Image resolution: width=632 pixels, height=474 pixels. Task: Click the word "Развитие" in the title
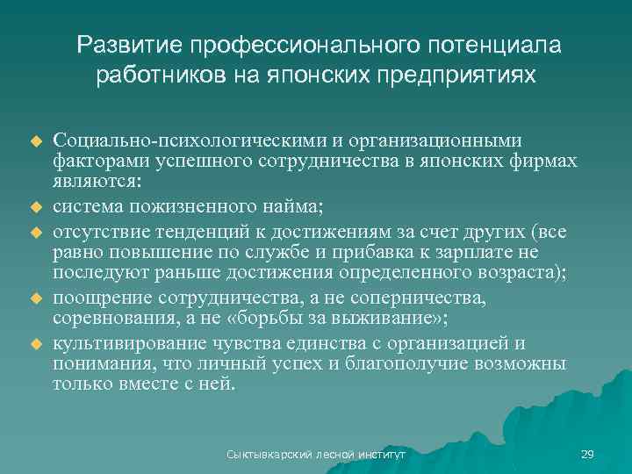pyautogui.click(x=130, y=45)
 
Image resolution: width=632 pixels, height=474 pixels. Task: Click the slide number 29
pyautogui.click(x=587, y=455)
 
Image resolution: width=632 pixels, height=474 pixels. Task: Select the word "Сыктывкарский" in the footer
pyautogui.click(x=262, y=455)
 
